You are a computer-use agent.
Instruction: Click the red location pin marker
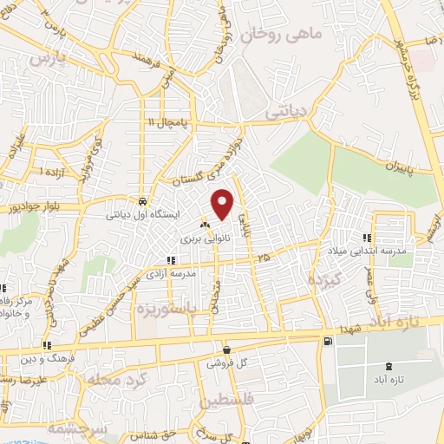click(x=224, y=203)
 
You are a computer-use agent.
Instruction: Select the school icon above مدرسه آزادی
click(x=172, y=259)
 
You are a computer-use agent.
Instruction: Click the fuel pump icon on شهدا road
click(x=327, y=342)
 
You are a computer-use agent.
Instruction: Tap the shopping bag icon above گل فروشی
click(x=226, y=350)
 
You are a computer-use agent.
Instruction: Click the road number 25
click(x=264, y=258)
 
